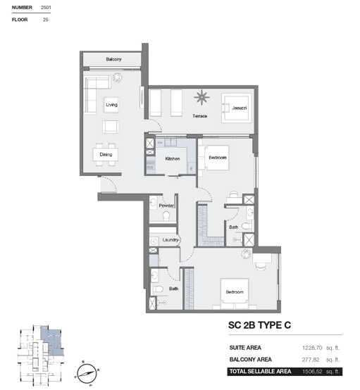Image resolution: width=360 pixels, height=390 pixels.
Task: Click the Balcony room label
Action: point(113,59)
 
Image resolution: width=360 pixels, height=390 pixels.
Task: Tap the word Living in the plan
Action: point(111,105)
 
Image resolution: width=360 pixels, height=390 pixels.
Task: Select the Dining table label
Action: point(106,154)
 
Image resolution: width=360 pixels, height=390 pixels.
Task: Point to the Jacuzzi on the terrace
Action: point(235,108)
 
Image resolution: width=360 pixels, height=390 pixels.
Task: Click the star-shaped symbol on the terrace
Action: point(201,97)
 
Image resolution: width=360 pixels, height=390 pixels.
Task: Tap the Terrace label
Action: point(199,116)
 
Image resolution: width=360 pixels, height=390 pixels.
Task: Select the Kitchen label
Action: point(173,158)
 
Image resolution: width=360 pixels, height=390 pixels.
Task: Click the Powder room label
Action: point(166,206)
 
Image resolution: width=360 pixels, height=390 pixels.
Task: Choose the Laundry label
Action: point(170,240)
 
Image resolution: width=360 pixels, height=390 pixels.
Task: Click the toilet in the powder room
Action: point(166,215)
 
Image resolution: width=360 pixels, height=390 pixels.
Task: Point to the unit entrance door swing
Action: point(109,184)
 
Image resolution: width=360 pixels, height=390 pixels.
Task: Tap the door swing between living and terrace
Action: point(156,125)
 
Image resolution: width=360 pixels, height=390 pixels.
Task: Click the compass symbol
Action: point(87,374)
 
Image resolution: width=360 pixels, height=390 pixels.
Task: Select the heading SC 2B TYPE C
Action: point(259,325)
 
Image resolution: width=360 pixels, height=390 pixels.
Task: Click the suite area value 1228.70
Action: point(312,348)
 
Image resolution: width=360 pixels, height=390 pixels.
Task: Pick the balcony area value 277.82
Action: point(311,360)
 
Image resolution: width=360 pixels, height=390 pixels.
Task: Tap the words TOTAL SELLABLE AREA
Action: point(260,372)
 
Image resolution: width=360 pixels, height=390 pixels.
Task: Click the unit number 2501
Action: point(46,8)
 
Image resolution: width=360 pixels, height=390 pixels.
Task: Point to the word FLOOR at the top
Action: point(20,20)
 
